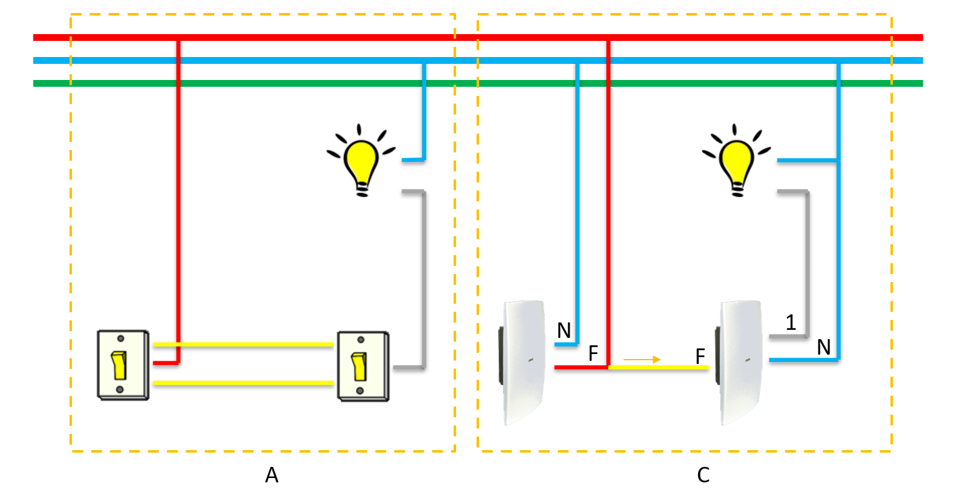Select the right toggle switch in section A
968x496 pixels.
[x=362, y=365]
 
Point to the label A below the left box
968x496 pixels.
[x=271, y=475]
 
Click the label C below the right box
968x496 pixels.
[x=703, y=475]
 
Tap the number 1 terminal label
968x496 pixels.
[x=791, y=322]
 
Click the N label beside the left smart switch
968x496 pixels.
[x=563, y=331]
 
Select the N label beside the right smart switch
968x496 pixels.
[x=823, y=348]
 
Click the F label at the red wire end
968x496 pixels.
[x=593, y=354]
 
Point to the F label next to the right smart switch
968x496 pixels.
[x=701, y=356]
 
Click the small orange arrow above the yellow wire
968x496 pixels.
[x=642, y=359]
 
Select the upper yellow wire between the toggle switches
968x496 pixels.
[x=243, y=344]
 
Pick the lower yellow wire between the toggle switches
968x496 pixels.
[x=243, y=383]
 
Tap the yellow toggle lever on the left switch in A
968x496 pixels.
[x=119, y=365]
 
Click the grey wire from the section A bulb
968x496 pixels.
[x=424, y=279]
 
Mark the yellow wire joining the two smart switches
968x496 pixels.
[x=658, y=368]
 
